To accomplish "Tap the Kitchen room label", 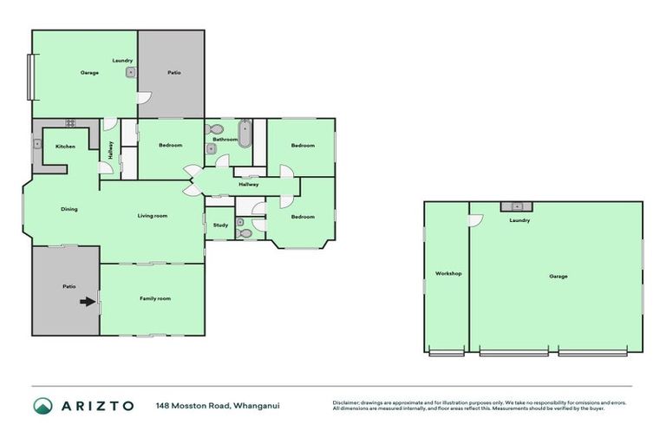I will pyautogui.click(x=66, y=147).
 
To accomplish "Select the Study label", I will pyautogui.click(x=220, y=225).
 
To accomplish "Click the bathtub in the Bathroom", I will pyautogui.click(x=245, y=136).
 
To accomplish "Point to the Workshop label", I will pyautogui.click(x=447, y=274).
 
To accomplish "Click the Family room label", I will pyautogui.click(x=155, y=298).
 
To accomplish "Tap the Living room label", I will pyautogui.click(x=153, y=216).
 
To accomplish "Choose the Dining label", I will pyautogui.click(x=69, y=209).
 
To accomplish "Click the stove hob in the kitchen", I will pyautogui.click(x=69, y=124).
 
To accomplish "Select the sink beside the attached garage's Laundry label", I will pyautogui.click(x=130, y=73).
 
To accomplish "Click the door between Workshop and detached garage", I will pyautogui.click(x=473, y=220).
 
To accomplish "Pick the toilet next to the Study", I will pyautogui.click(x=245, y=232).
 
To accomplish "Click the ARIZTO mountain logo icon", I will pyautogui.click(x=42, y=406).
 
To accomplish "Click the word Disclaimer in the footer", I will pyautogui.click(x=346, y=402).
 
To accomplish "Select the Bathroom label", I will pyautogui.click(x=226, y=140).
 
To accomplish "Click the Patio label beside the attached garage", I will pyautogui.click(x=173, y=72).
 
